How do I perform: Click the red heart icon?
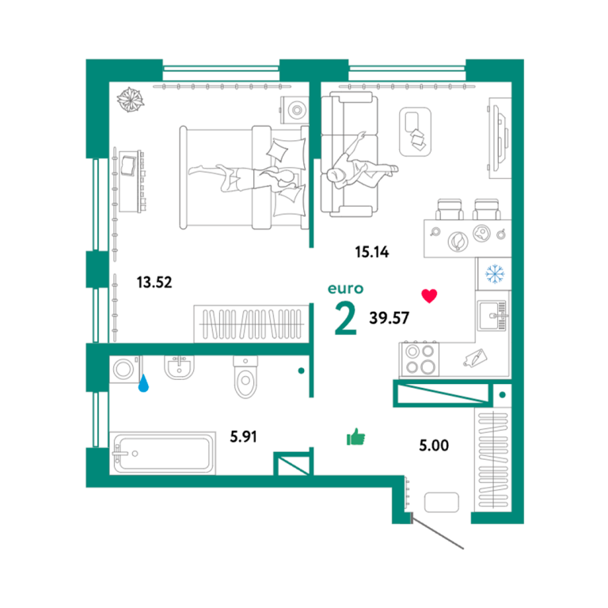tap(429, 296)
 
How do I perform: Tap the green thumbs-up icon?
tap(355, 437)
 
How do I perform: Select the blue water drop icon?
tap(143, 382)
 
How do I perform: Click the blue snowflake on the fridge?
tap(495, 274)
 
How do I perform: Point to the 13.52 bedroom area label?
tap(154, 283)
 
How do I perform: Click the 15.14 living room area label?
tap(372, 252)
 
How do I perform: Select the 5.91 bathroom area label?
tap(244, 437)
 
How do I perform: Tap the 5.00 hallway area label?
tap(434, 445)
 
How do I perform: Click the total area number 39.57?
tap(389, 318)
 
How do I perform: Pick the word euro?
tap(345, 289)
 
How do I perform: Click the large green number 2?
tap(345, 319)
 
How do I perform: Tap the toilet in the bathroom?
tap(245, 377)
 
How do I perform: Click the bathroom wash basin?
tap(179, 367)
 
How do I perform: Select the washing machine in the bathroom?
tap(125, 369)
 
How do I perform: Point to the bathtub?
tap(162, 453)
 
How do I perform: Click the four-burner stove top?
tap(420, 359)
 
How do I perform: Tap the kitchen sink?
tap(492, 316)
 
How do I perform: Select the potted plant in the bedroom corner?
tap(131, 99)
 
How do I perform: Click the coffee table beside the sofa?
tap(416, 132)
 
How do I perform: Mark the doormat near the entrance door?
tap(442, 502)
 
